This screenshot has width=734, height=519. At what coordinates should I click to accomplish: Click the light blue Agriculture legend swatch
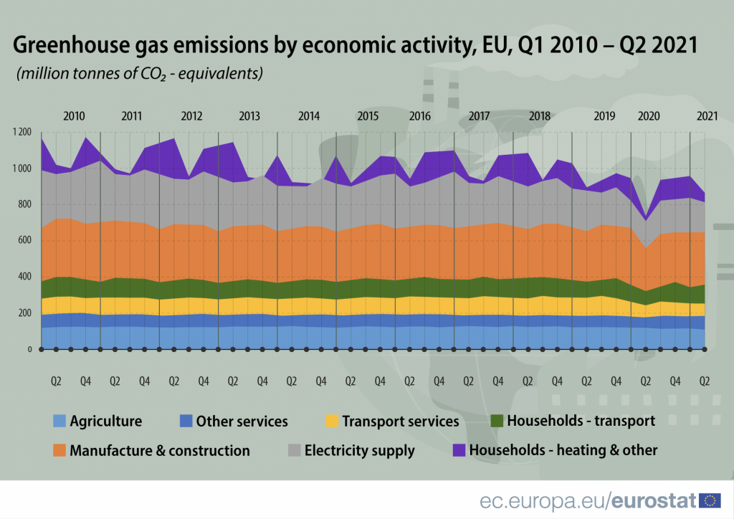click(x=59, y=422)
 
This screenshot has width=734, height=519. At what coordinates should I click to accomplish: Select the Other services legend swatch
click(x=185, y=422)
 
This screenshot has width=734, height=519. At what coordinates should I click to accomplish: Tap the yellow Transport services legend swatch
click(x=331, y=422)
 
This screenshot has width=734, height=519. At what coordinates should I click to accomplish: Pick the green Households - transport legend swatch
click(x=496, y=421)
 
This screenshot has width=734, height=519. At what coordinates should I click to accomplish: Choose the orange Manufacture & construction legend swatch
click(x=59, y=451)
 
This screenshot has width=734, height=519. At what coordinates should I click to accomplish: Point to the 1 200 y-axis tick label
click(x=22, y=133)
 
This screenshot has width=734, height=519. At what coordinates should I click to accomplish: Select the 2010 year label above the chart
click(x=74, y=115)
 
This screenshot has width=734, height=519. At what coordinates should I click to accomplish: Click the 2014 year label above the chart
click(x=309, y=115)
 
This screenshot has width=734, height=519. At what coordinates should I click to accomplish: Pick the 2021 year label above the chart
click(x=707, y=115)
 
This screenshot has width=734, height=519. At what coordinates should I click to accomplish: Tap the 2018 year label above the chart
click(x=539, y=115)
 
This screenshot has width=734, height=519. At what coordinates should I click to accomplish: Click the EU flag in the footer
click(x=710, y=500)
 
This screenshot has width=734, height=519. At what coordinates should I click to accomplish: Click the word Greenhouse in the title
click(x=60, y=47)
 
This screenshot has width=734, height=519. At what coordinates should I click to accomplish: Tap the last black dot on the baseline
click(x=705, y=350)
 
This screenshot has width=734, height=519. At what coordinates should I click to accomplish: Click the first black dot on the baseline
click(x=42, y=350)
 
